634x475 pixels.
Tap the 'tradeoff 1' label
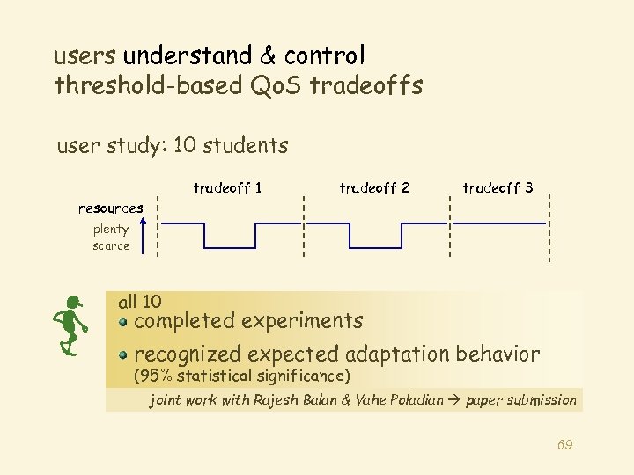point(227,187)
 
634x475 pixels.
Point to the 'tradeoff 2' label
point(374,187)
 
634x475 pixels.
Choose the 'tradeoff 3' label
point(498,187)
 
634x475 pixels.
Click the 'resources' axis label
point(111,208)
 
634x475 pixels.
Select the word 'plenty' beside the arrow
point(111,230)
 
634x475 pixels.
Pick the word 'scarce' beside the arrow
point(111,245)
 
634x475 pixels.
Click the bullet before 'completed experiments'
point(125,322)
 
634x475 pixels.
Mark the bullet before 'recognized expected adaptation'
point(125,355)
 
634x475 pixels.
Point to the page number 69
point(564,445)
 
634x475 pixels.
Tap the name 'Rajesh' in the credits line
point(276,400)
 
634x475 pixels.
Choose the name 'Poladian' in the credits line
point(414,400)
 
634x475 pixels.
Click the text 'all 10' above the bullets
point(139,302)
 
